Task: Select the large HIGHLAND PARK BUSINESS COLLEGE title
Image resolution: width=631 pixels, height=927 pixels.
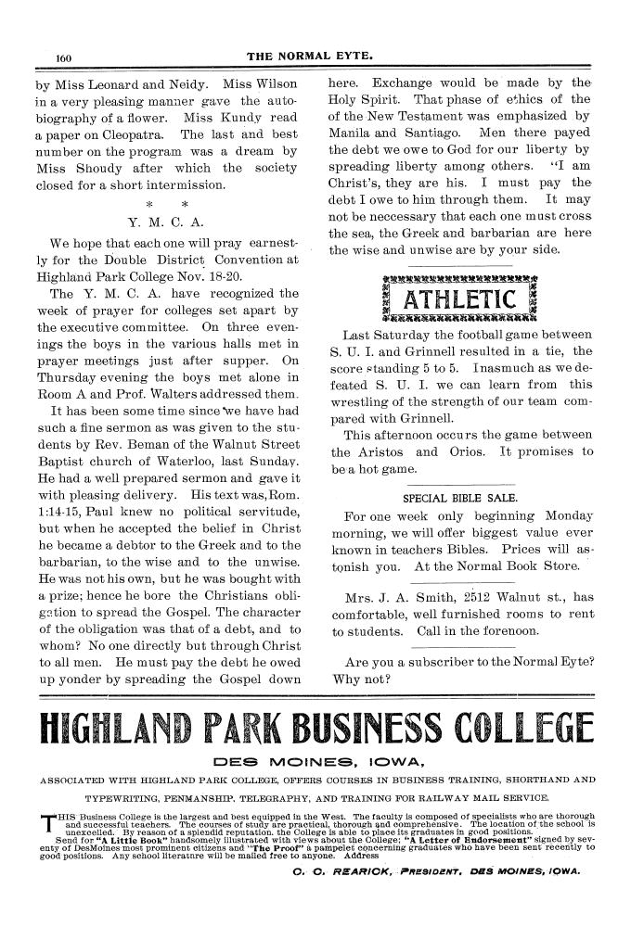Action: point(315,730)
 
